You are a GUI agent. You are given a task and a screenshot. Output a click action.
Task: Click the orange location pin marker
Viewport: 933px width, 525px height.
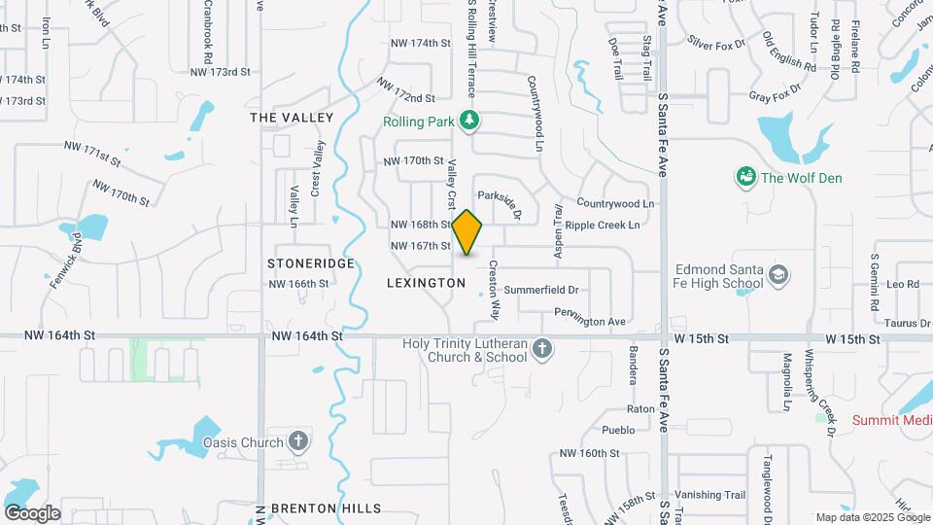[467, 232]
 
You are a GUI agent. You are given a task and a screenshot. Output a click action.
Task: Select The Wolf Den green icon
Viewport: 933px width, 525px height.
[746, 177]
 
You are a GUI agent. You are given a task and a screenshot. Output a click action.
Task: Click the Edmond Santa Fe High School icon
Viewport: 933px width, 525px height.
[777, 276]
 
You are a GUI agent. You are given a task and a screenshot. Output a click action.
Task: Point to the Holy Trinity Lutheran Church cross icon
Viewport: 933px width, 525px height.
[542, 347]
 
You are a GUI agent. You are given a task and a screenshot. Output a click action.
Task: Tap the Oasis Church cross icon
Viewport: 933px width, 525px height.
[298, 441]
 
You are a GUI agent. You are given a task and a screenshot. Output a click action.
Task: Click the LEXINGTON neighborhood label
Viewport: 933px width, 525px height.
[426, 283]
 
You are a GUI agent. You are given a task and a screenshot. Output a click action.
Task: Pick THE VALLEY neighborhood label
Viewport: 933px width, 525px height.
[291, 118]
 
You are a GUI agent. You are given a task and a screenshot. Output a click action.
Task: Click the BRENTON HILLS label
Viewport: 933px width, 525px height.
[326, 508]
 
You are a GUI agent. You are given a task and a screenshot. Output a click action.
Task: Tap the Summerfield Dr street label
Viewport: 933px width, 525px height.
[540, 290]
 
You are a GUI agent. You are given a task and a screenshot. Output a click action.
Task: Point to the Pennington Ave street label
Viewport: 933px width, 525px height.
[589, 321]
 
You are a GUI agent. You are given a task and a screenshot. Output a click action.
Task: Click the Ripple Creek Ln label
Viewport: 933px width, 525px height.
[602, 226]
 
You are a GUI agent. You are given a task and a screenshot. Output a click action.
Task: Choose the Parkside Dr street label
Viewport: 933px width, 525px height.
[500, 201]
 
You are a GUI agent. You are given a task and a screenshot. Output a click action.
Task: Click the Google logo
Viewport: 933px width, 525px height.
[31, 513]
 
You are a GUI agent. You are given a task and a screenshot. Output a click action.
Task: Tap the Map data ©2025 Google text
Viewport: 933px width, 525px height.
[872, 518]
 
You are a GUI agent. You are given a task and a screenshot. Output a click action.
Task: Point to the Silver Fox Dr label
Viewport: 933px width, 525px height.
[716, 43]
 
